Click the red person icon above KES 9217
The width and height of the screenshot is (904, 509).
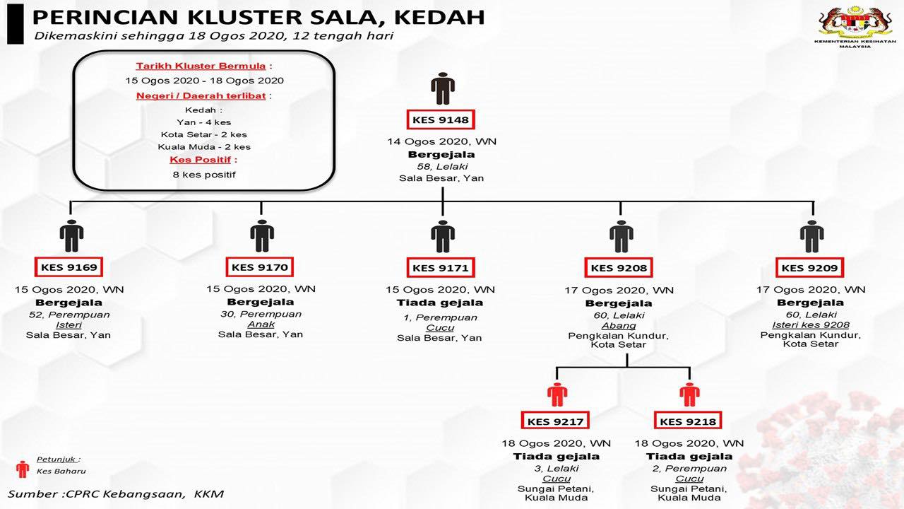point(557,394)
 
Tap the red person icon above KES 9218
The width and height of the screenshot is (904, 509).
point(689,394)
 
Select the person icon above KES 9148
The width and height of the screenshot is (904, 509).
point(443,88)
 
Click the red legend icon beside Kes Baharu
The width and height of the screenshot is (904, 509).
point(23,469)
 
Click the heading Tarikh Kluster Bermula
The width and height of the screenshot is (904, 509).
point(201,66)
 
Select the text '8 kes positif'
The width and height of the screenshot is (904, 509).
point(204,175)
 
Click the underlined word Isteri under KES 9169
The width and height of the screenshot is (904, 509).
point(69,324)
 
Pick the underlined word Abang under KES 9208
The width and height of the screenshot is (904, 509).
point(619,326)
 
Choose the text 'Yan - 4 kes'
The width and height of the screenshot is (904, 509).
point(204,122)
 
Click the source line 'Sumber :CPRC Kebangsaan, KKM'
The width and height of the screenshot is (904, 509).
point(115,493)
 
